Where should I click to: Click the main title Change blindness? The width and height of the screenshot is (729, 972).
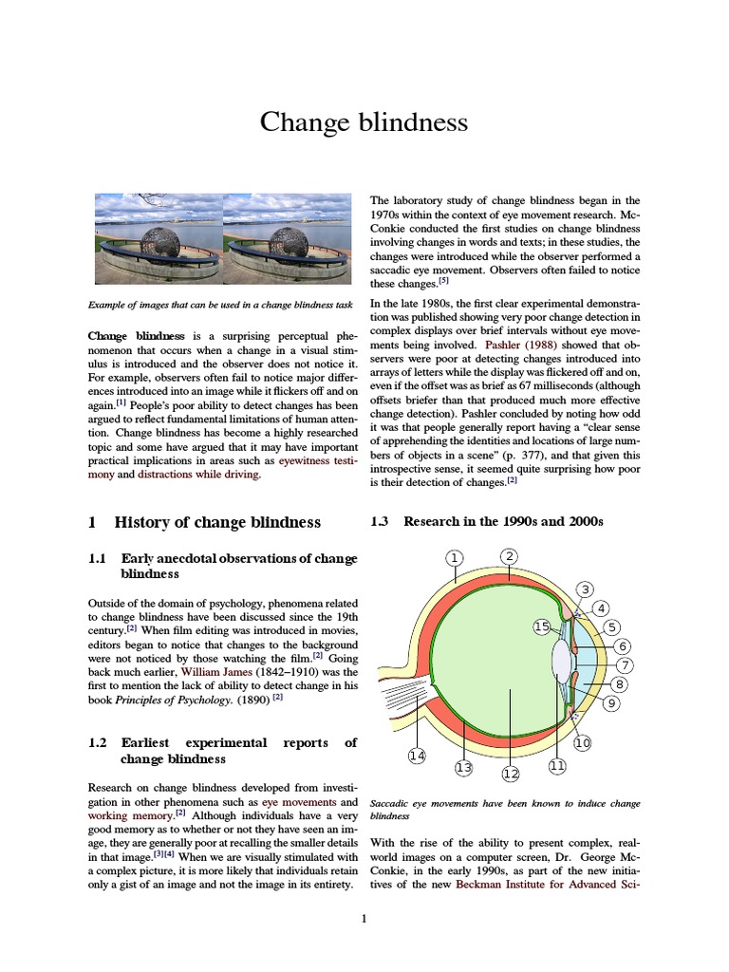coord(364,122)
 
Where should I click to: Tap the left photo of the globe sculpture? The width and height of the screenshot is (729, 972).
coord(158,240)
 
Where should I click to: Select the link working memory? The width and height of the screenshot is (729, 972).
coord(126,815)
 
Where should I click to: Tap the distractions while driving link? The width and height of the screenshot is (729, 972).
coord(197,474)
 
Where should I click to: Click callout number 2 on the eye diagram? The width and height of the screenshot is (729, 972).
coord(509,556)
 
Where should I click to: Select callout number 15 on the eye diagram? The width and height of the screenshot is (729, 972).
coord(541,626)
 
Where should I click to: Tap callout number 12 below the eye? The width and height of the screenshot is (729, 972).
coord(511,774)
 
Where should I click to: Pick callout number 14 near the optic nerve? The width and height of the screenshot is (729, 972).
coord(417,756)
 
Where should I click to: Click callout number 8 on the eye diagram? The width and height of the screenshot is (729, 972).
coord(620,683)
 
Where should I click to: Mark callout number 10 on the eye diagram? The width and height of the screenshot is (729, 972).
coord(582,743)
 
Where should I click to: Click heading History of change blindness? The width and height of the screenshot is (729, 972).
coord(217,522)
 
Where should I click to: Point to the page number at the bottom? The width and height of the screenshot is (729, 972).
coord(364,918)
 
